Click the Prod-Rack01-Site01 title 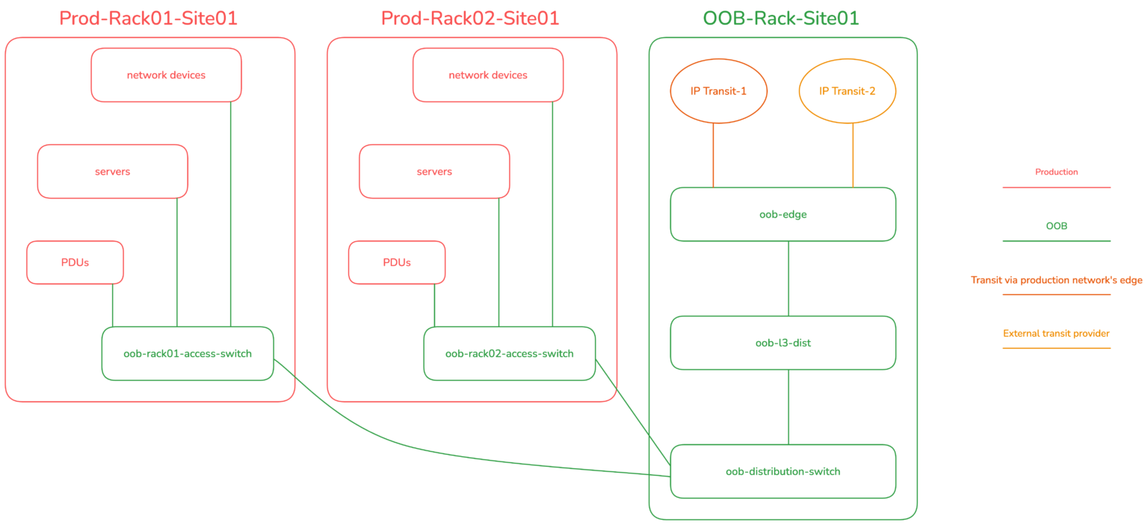148,18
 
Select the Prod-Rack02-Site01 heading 470,18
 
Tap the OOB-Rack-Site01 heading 781,18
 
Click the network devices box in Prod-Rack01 166,75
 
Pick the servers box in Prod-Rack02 434,172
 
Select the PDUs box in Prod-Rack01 75,262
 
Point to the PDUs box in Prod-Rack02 397,262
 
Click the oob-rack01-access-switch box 188,353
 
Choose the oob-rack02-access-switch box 509,353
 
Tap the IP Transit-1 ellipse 718,91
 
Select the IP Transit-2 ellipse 847,91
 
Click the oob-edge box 783,214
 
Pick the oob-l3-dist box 783,343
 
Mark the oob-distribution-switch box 783,471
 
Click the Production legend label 1056,172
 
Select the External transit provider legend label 1056,333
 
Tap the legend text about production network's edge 1056,280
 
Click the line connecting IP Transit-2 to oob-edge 853,155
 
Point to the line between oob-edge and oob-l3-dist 789,279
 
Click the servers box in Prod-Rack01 112,172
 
